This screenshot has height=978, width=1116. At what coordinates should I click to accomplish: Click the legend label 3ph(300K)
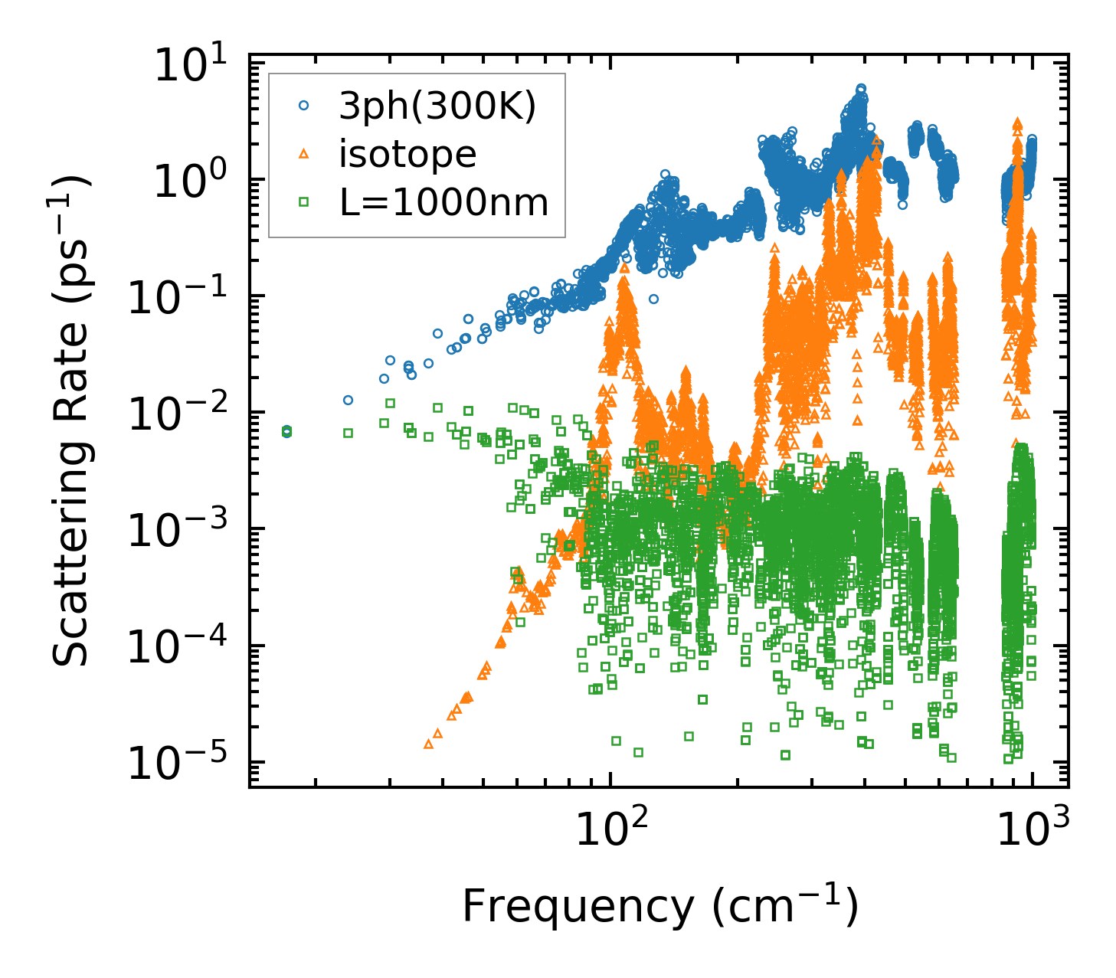437,106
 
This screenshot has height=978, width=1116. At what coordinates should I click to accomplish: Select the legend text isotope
407,155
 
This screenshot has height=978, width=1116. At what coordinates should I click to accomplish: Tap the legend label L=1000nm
443,203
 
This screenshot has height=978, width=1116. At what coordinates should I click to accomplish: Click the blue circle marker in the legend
303,106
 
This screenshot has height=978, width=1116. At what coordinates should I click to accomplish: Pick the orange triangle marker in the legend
303,154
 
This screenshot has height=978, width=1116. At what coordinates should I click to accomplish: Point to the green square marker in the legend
303,202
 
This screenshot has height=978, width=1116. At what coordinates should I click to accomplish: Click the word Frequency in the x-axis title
576,908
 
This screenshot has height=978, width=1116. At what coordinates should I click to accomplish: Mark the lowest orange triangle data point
428,744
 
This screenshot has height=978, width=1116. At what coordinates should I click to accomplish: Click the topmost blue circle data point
861,89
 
